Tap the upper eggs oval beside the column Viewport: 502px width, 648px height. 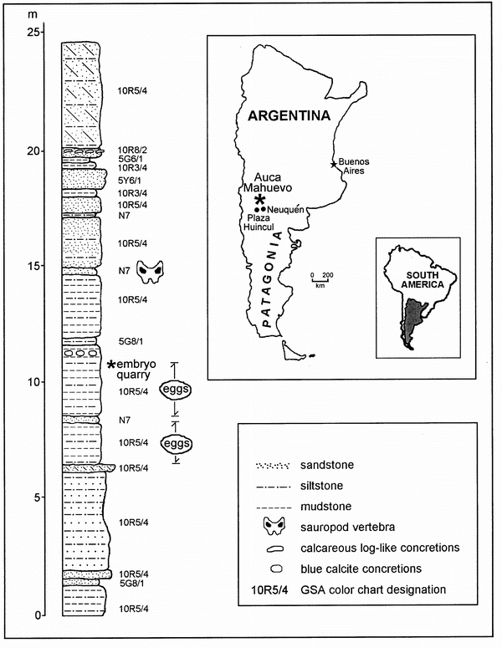point(197,390)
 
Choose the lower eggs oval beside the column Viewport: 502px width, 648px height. point(197,442)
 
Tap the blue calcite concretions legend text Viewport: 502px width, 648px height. point(352,569)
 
